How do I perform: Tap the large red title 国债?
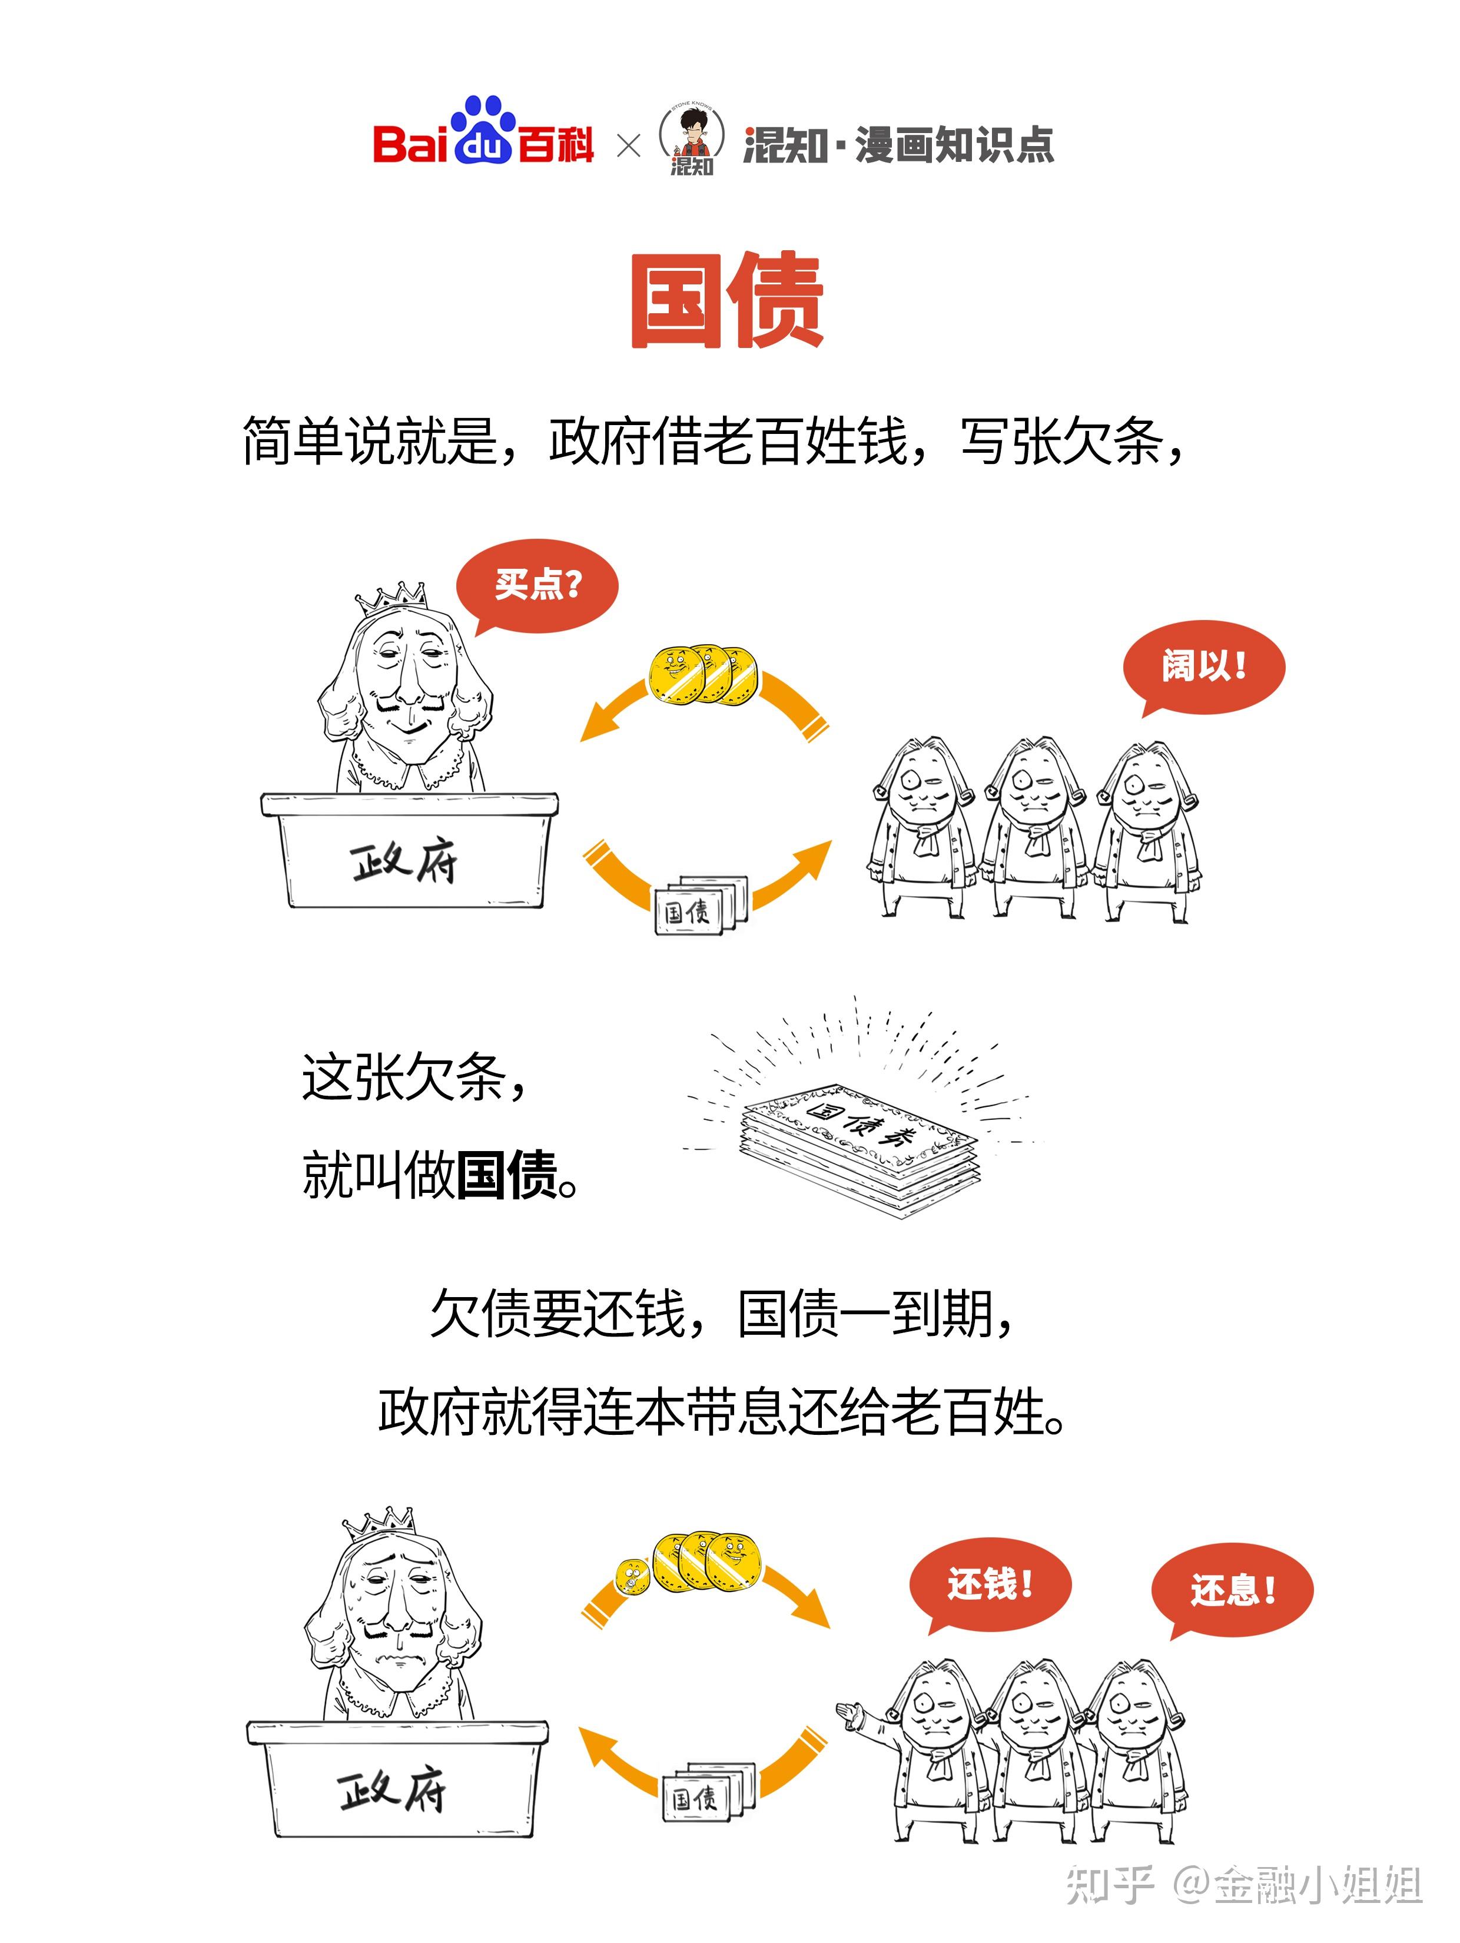[728, 300]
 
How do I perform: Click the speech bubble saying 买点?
[537, 584]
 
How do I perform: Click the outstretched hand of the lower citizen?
[850, 1711]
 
